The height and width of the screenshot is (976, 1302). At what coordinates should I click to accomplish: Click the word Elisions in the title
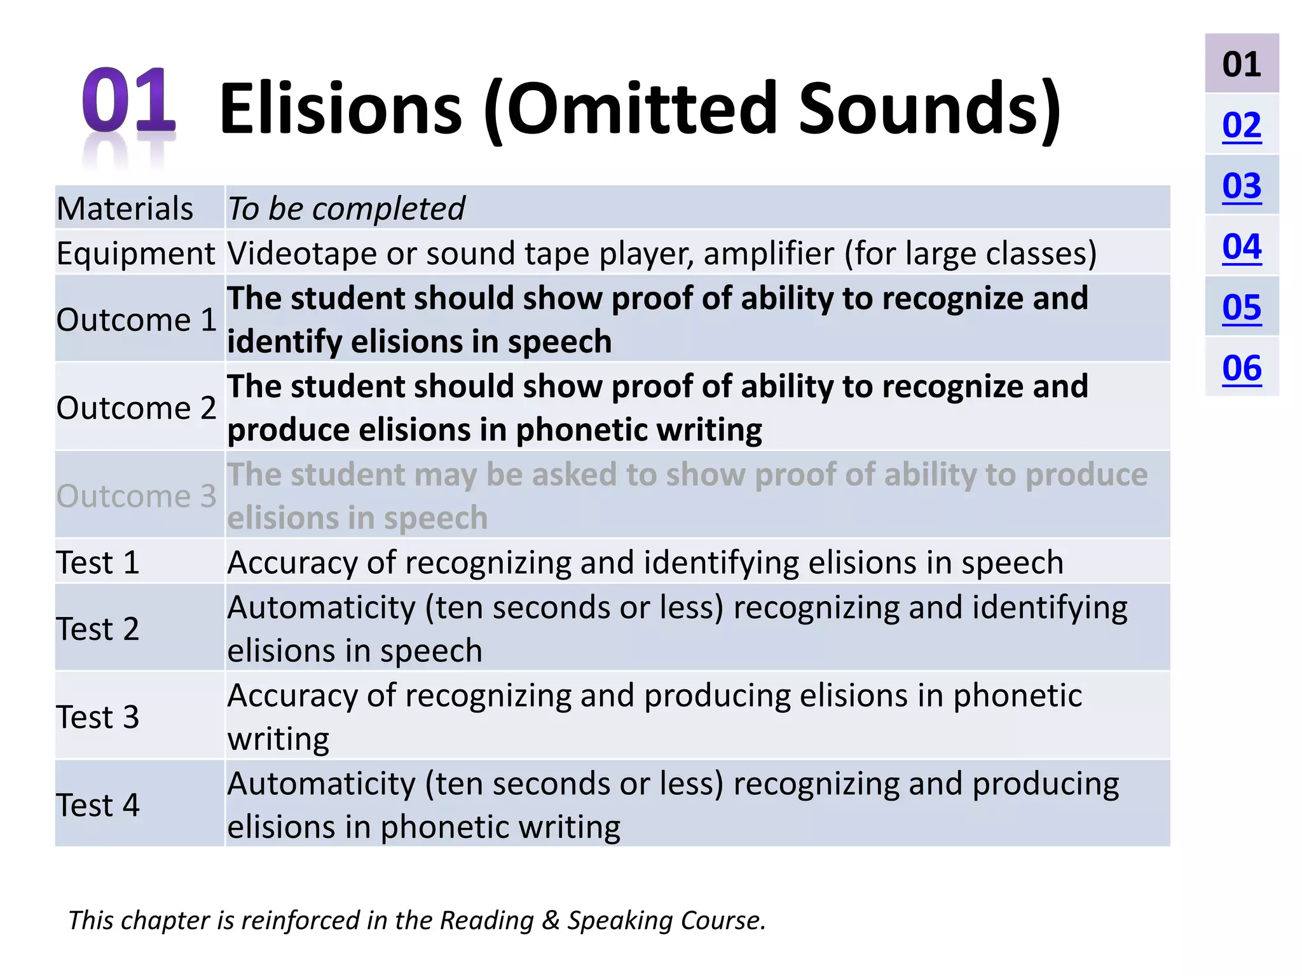point(340,109)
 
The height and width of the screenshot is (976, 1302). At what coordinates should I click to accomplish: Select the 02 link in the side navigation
point(1241,125)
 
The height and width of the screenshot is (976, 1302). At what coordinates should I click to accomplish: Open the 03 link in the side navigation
point(1241,186)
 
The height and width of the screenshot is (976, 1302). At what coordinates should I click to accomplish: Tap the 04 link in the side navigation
point(1241,247)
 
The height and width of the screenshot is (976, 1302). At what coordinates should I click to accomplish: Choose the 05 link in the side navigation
point(1241,308)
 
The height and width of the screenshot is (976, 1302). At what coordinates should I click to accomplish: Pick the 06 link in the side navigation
point(1241,368)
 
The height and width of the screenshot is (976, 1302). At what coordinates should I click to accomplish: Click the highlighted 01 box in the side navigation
point(1241,64)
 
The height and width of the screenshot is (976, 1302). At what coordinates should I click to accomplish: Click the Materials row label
point(125,208)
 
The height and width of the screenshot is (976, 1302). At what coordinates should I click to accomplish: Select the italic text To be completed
point(346,208)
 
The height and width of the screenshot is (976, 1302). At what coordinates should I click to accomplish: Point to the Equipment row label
point(135,253)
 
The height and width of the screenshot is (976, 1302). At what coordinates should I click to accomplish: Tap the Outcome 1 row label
point(136,319)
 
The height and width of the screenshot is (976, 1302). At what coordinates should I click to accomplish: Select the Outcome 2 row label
point(136,407)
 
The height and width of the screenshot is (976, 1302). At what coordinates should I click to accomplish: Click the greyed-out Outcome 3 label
point(136,496)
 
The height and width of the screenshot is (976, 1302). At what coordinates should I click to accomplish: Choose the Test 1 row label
point(97,562)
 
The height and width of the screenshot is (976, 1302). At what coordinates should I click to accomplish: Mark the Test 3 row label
point(97,717)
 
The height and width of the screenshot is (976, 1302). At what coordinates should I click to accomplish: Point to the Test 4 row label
point(97,805)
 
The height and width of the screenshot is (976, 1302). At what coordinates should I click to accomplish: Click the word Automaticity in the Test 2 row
point(321,607)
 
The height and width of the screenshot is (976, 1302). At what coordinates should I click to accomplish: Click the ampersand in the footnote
point(550,921)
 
